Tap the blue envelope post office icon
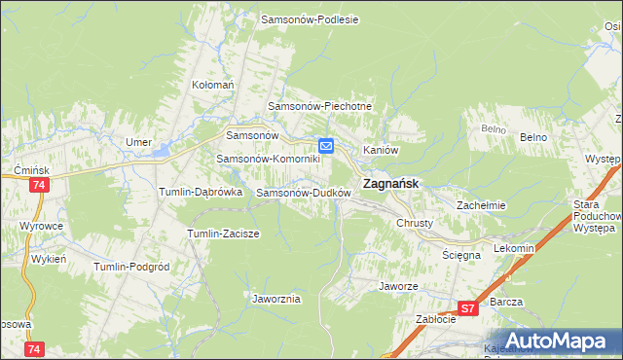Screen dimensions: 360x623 click(327, 146)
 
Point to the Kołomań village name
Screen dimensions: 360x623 click(213, 85)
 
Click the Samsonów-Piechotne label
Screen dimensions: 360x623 click(315, 105)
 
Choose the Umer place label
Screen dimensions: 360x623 click(138, 142)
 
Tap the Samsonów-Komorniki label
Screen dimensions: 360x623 click(268, 159)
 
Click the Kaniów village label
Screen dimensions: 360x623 click(382, 150)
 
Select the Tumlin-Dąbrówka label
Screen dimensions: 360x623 click(201, 193)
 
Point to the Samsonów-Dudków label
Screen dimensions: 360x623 click(303, 193)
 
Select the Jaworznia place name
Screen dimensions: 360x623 click(275, 299)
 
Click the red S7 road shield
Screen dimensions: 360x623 click(468, 308)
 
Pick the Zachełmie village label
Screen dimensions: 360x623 click(481, 205)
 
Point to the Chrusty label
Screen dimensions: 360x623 click(414, 223)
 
